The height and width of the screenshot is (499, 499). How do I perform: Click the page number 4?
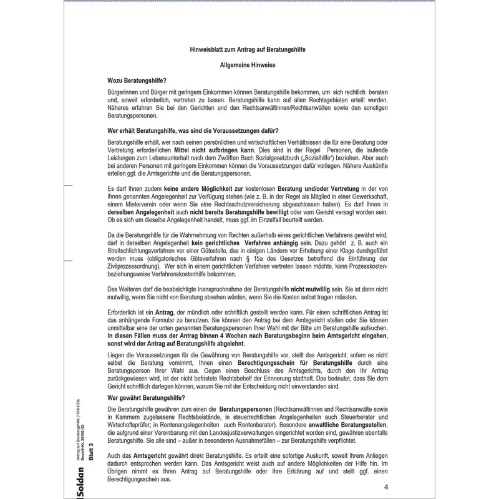(x=387, y=487)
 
